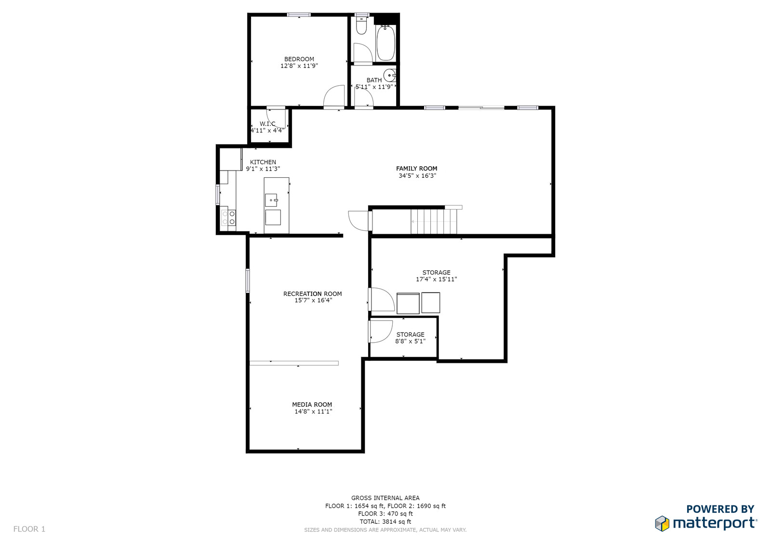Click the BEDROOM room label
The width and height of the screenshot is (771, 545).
(299, 59)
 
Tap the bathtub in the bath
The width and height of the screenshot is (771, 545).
(385, 43)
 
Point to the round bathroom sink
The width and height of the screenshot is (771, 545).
(390, 75)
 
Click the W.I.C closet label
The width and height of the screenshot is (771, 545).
(267, 124)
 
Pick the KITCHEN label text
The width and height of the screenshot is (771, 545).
(263, 162)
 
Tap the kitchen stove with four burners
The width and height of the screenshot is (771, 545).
(228, 218)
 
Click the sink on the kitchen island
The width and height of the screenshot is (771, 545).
(271, 200)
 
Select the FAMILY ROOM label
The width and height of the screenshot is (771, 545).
(416, 169)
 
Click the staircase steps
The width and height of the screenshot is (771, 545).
(434, 222)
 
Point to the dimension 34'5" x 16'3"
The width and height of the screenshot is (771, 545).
(417, 175)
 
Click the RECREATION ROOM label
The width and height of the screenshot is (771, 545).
(313, 293)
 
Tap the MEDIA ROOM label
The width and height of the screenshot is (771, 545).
(312, 404)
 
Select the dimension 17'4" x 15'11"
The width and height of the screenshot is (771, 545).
(437, 279)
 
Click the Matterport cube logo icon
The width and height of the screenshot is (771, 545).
(662, 523)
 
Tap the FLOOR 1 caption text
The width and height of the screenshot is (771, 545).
(29, 529)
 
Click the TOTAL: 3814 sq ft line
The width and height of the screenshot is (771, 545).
(385, 521)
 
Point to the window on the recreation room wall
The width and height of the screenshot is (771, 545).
(248, 280)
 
